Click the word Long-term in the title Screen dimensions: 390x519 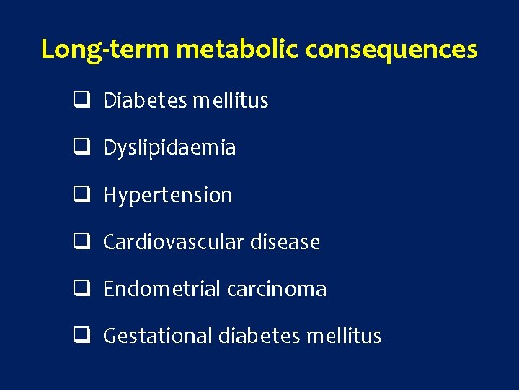105,49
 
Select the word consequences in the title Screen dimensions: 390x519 391,49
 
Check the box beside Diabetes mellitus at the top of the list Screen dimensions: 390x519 80,100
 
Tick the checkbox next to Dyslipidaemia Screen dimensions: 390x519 80,147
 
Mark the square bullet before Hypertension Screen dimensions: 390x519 80,194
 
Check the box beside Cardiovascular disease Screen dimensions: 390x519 80,242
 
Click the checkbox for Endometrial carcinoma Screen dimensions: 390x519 80,289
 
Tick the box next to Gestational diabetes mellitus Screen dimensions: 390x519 80,336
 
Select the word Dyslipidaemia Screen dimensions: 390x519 169,148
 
